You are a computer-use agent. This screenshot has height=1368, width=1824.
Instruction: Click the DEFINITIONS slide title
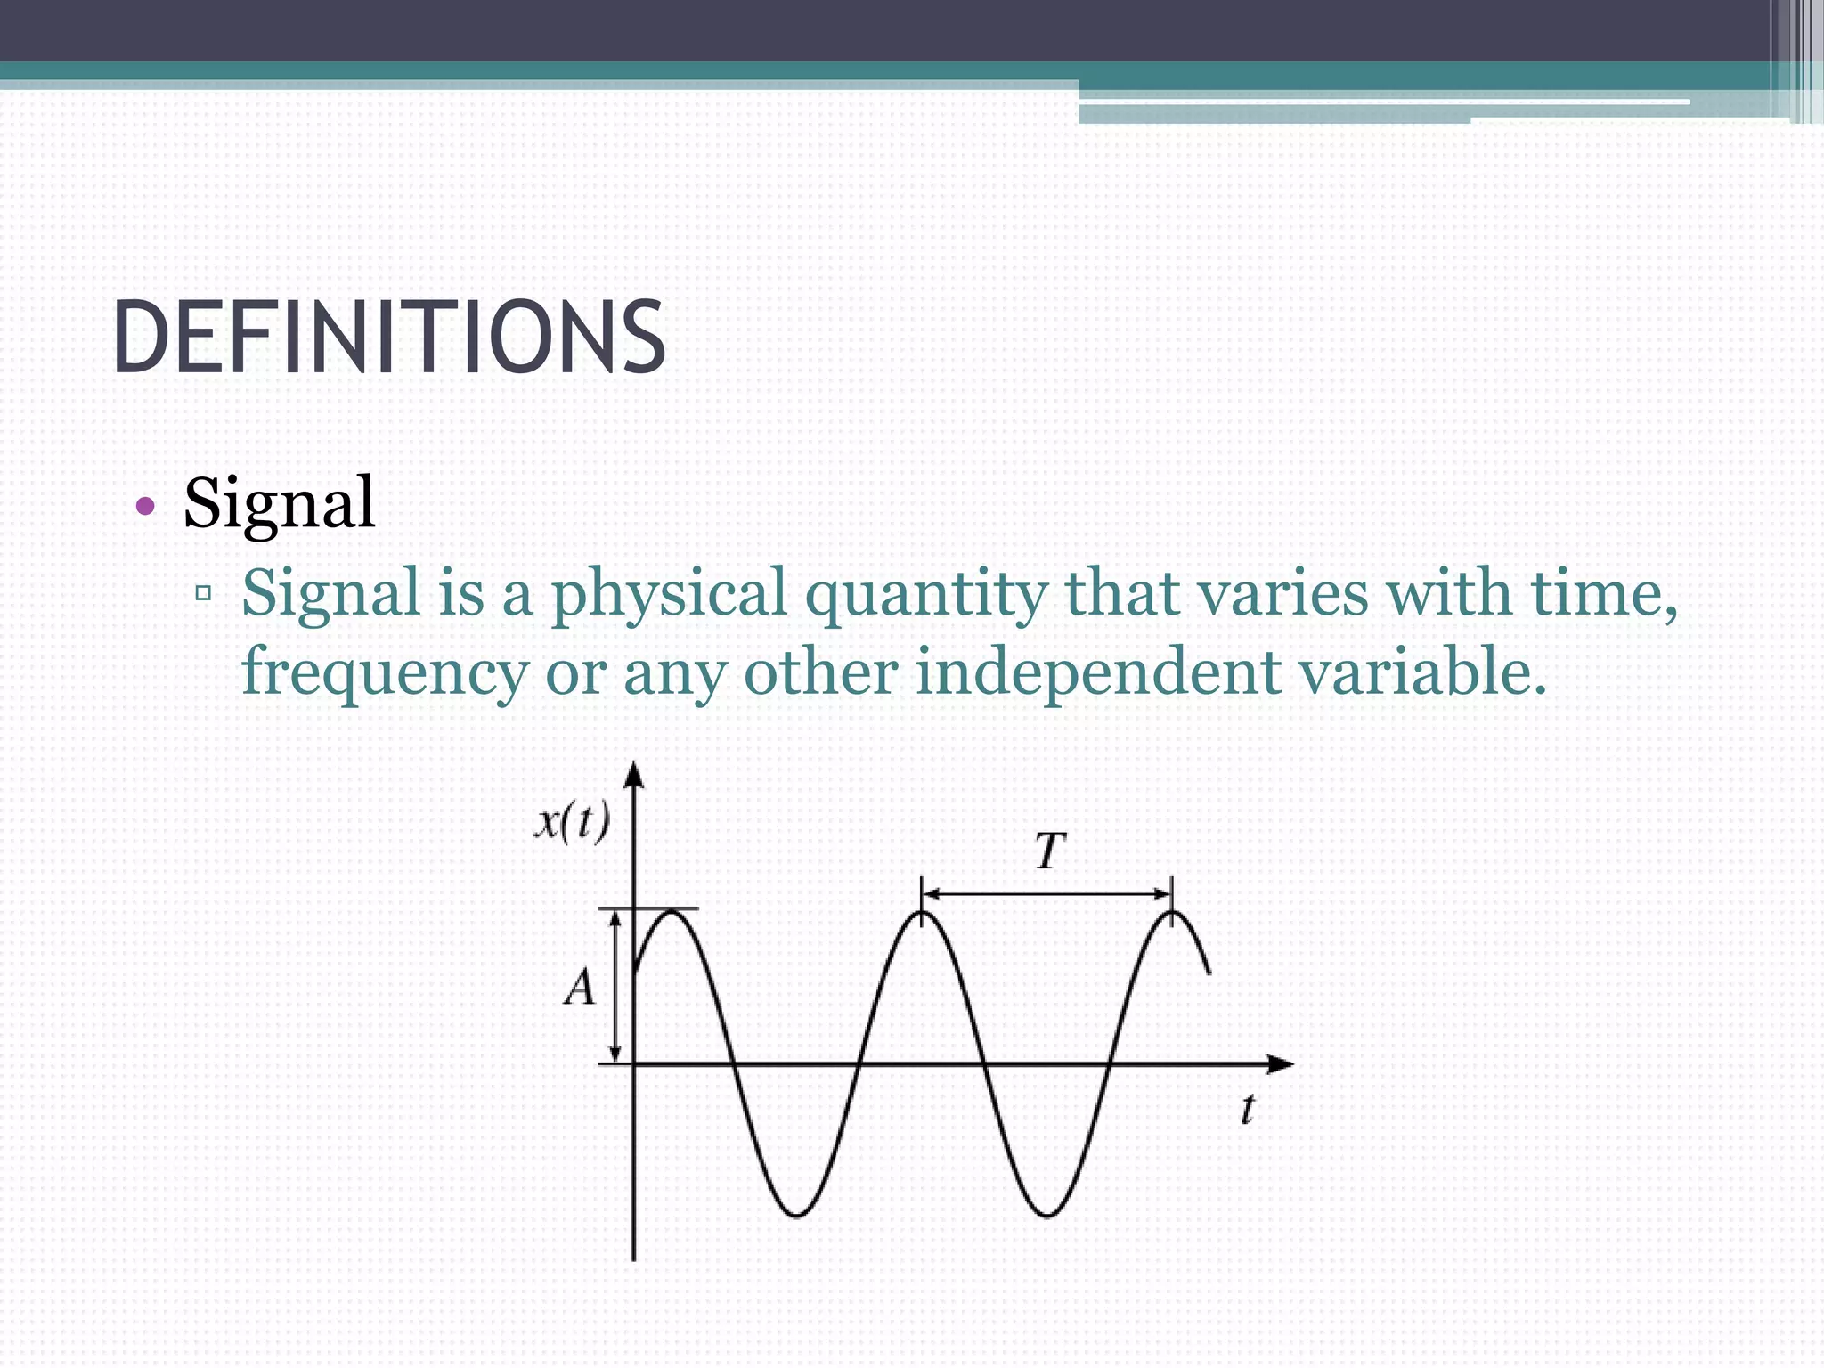[389, 338]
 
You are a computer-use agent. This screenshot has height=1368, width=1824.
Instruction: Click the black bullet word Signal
[279, 503]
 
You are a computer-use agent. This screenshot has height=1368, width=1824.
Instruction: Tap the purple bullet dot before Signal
[145, 508]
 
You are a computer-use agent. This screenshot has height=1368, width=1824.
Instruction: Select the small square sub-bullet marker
[204, 591]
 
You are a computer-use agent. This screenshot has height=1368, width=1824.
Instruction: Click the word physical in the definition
[669, 593]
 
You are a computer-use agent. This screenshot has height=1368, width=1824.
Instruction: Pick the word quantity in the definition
[926, 593]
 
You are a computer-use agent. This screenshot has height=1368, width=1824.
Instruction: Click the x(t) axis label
[572, 821]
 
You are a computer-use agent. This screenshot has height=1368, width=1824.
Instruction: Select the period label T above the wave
[1049, 851]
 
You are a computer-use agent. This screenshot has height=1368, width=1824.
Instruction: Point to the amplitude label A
[579, 988]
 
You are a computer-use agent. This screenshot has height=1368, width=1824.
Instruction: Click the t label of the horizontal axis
[1248, 1110]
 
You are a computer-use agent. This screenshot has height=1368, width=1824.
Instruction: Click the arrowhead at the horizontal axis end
[1280, 1063]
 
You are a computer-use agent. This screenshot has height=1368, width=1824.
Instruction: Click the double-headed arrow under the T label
[1046, 893]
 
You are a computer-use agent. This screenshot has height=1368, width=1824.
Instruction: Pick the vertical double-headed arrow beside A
[615, 987]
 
